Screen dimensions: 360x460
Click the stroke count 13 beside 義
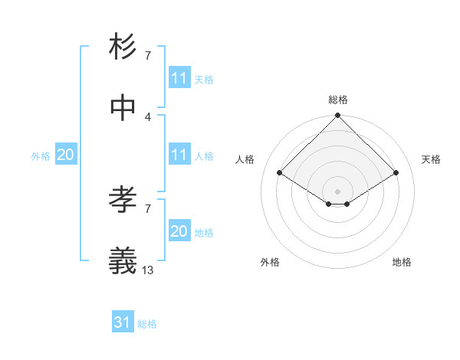[x=148, y=270]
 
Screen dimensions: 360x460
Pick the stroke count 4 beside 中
[x=148, y=116]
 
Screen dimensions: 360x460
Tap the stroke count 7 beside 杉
[x=148, y=55]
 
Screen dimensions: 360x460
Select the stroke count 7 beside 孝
[x=148, y=208]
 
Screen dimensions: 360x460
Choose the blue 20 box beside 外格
[x=65, y=155]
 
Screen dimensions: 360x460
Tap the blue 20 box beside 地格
[x=179, y=231]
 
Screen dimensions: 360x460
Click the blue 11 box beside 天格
[x=179, y=78]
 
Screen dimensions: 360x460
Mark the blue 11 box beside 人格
[x=179, y=155]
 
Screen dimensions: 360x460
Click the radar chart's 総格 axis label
[x=338, y=100]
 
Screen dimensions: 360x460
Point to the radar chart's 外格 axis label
[x=270, y=262]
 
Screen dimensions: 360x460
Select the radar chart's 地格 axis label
[x=402, y=262]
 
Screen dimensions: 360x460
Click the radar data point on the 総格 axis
[x=338, y=116]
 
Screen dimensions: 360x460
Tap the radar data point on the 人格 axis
[x=280, y=173]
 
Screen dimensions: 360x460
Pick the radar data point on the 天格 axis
[x=396, y=173]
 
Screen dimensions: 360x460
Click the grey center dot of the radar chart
[x=338, y=191]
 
